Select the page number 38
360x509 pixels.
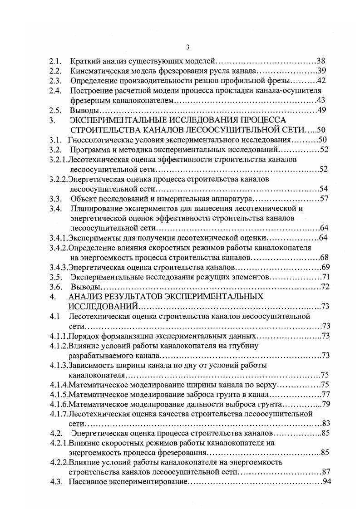click(x=321, y=61)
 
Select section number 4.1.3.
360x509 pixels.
click(x=59, y=365)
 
